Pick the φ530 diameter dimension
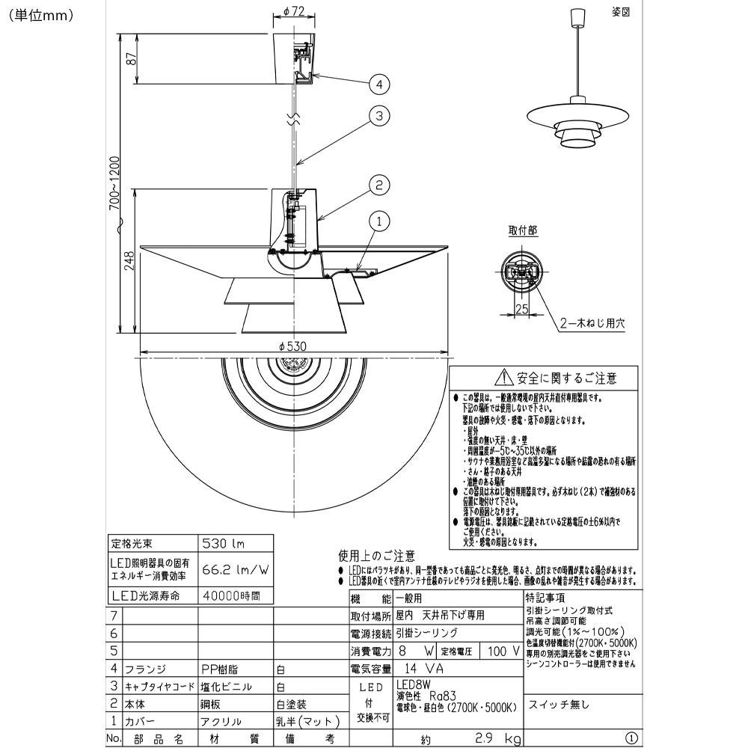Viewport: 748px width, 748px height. pyautogui.click(x=292, y=346)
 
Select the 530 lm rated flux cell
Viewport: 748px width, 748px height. pyautogui.click(x=224, y=543)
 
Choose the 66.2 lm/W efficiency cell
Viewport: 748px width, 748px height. pyautogui.click(x=235, y=570)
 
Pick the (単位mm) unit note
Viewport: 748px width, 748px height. pyautogui.click(x=42, y=14)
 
